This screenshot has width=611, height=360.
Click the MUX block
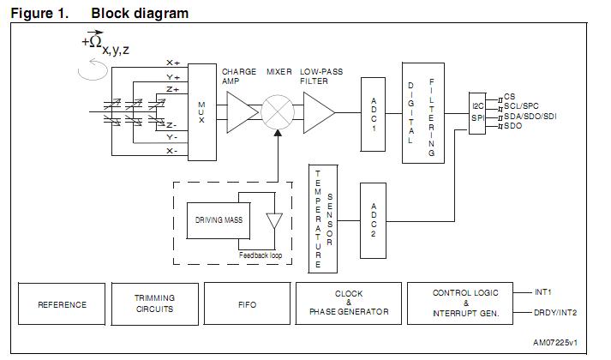202,112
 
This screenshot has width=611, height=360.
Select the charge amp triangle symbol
242,112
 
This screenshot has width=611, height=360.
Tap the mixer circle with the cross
278,112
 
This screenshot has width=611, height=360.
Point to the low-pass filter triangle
319,112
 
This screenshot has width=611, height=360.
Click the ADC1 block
374,114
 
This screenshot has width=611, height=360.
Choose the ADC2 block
374,220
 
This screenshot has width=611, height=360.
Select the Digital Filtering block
423,113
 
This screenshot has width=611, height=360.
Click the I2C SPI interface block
477,113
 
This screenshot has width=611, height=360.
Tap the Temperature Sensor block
323,219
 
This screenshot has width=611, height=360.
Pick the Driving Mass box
219,220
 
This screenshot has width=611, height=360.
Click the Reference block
62,304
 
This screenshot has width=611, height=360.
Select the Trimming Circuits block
155,304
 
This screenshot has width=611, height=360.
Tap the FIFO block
247,304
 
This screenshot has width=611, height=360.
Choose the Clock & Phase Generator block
349,303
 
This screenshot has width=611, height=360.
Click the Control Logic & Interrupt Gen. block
460,303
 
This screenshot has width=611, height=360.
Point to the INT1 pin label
542,291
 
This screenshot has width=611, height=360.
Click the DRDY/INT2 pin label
555,313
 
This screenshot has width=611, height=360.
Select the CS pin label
509,96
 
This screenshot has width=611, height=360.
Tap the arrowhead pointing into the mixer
278,133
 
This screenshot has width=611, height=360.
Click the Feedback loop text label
261,255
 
